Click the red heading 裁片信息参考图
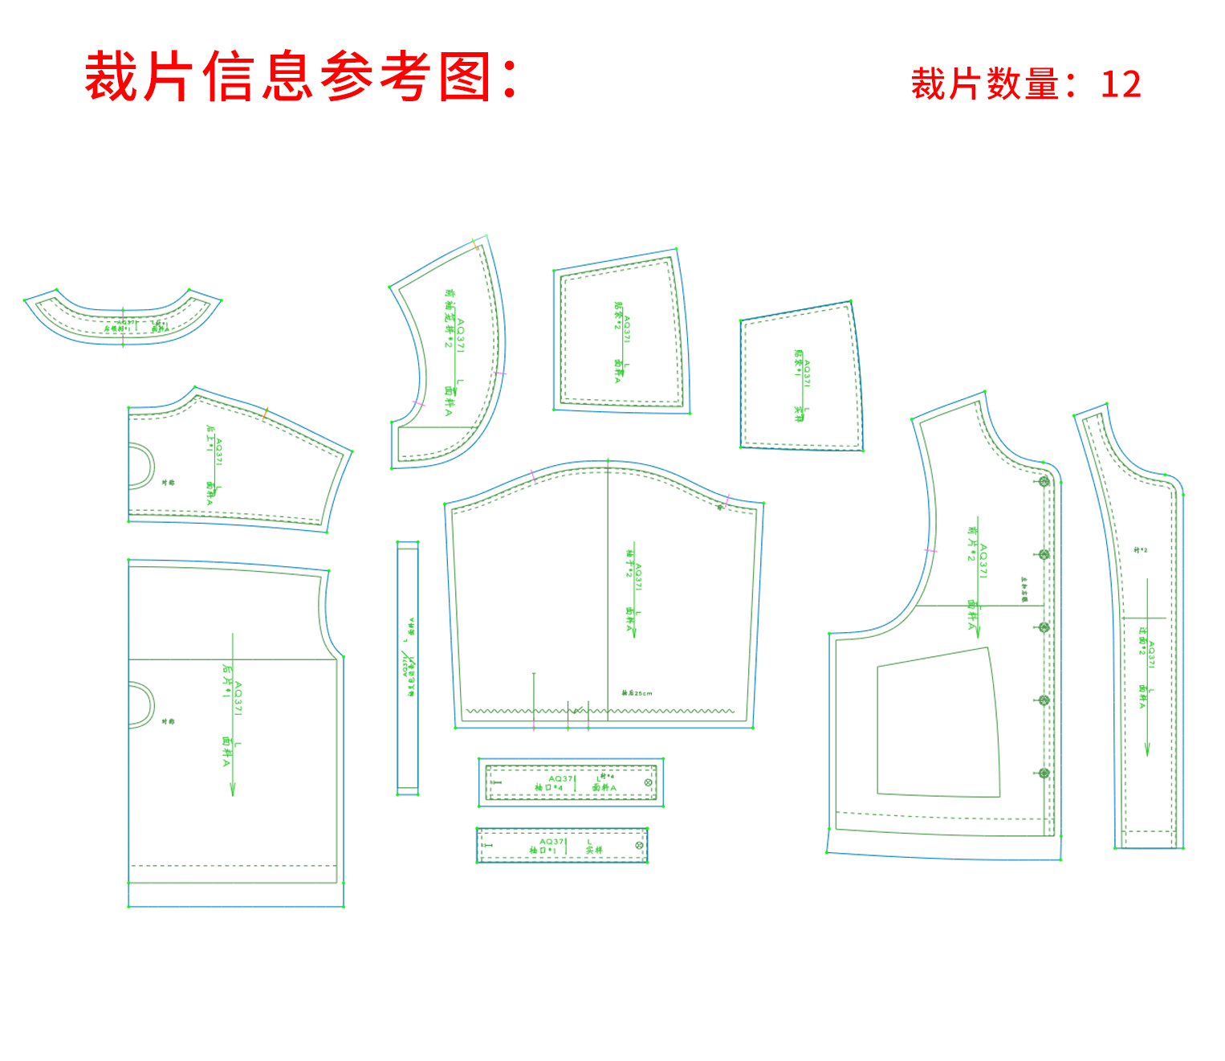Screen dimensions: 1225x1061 coord(301,77)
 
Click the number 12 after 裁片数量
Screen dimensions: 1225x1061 coord(1121,84)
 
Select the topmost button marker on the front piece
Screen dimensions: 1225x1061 coord(1044,482)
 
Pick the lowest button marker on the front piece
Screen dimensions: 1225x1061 coord(1044,773)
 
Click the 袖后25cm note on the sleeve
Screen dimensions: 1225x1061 coord(637,693)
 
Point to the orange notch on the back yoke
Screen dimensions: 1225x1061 coord(265,414)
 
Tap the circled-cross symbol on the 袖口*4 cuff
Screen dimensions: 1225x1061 coord(649,782)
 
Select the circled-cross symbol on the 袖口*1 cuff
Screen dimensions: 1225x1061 coord(639,845)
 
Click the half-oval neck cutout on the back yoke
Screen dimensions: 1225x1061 coord(141,466)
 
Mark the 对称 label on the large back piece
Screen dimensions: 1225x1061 coord(168,721)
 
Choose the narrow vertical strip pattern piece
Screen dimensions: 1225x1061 coord(408,668)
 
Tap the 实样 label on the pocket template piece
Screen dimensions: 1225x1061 coord(799,413)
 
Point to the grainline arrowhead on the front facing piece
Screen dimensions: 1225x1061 coord(1146,750)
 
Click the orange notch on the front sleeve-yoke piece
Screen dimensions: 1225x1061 coord(475,246)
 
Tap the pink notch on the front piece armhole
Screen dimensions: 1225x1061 coord(930,551)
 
